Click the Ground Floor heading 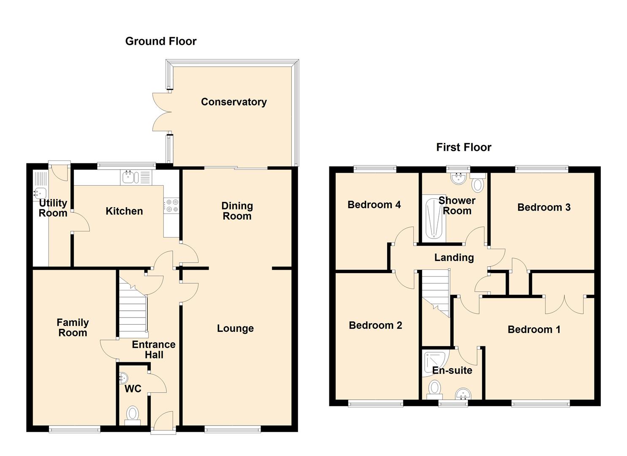[x=161, y=41]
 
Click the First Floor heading [x=464, y=147]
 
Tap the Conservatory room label [x=233, y=102]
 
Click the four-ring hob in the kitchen [x=171, y=206]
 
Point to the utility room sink [x=40, y=193]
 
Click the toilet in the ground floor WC [x=133, y=414]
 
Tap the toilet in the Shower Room [x=478, y=184]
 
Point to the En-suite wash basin [x=463, y=394]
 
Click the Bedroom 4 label [x=374, y=205]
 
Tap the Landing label [x=454, y=258]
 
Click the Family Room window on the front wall [x=74, y=429]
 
